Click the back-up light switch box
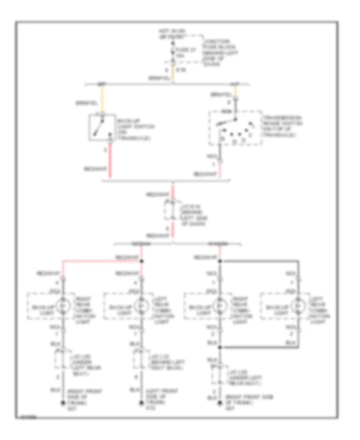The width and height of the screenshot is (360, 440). coord(100,127)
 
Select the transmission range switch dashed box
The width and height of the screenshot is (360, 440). coord(235,128)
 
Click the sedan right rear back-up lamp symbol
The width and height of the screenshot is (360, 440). coord(62,306)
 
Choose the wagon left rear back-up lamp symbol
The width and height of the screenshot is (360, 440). coord(297,306)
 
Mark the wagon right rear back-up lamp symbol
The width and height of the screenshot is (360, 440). coord(219,306)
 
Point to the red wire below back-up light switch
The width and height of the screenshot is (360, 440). coord(111,160)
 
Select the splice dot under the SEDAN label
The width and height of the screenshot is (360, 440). coord(142,262)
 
